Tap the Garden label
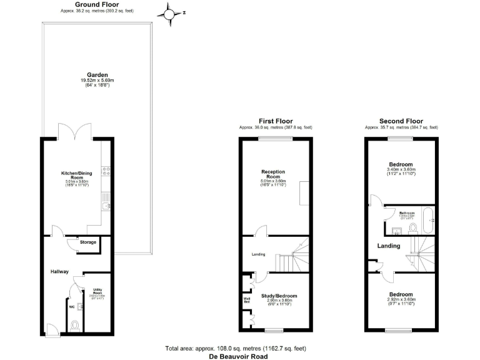pyautogui.click(x=96, y=74)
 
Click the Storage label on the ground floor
pyautogui.click(x=88, y=242)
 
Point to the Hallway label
pyautogui.click(x=59, y=271)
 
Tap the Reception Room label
pyautogui.click(x=273, y=174)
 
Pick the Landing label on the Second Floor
pyautogui.click(x=388, y=246)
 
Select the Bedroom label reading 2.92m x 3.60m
pyautogui.click(x=401, y=294)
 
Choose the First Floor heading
pyautogui.click(x=276, y=121)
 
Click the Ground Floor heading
pyautogui.click(x=97, y=4)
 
